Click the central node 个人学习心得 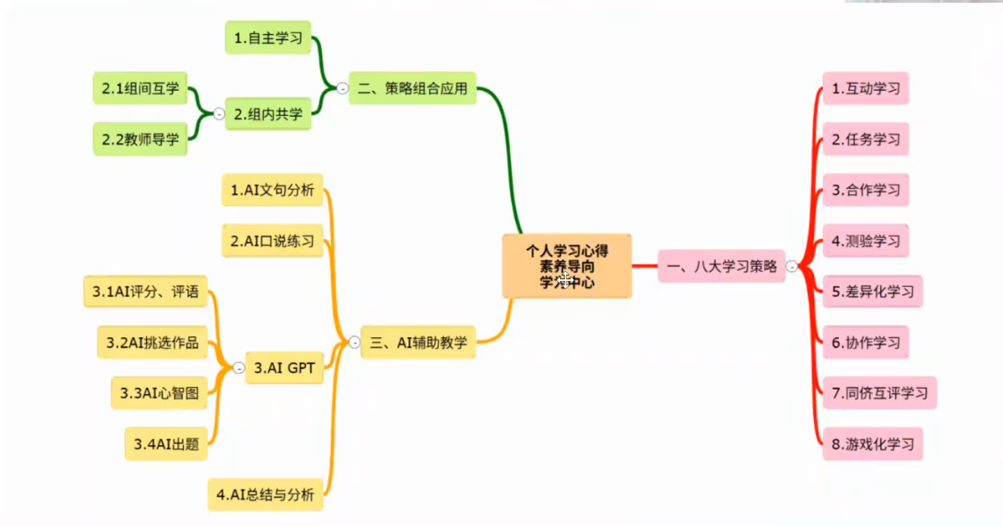(566, 266)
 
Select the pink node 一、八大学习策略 (721, 266)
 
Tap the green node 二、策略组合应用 (412, 88)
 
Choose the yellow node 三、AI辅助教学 (418, 342)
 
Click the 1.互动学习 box (865, 88)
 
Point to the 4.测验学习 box (865, 241)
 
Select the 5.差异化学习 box (871, 291)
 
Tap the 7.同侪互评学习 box (878, 392)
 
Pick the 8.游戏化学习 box (871, 443)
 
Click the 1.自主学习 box (267, 38)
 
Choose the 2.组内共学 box (267, 113)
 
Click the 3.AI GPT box (284, 367)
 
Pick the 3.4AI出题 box (165, 443)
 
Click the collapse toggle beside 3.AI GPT (238, 367)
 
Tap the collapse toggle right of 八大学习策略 (792, 266)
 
